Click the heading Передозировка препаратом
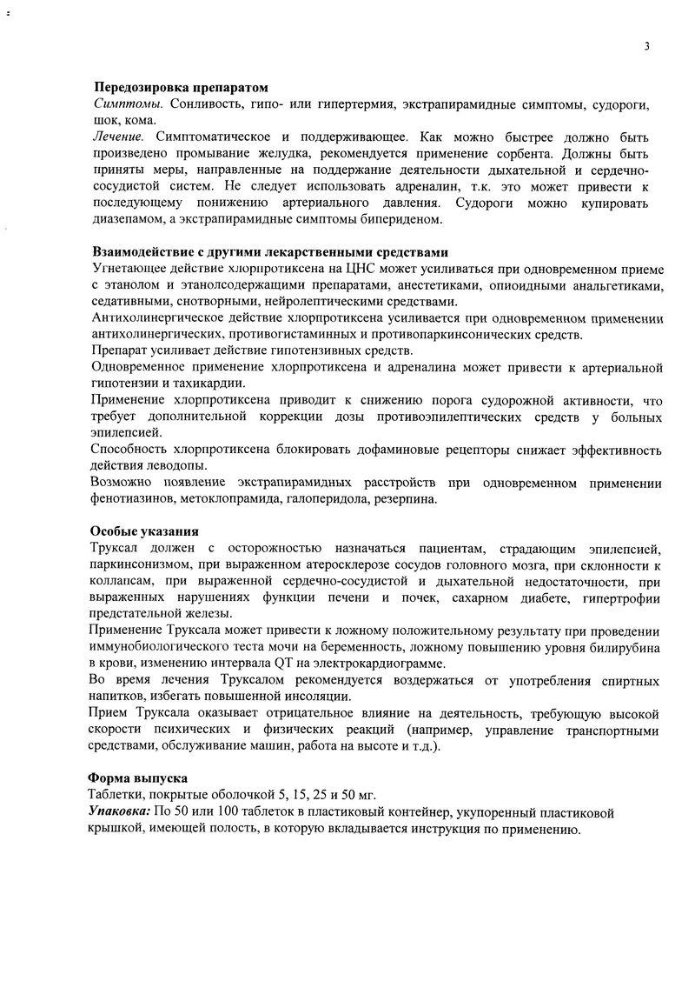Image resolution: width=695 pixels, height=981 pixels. [x=181, y=89]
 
